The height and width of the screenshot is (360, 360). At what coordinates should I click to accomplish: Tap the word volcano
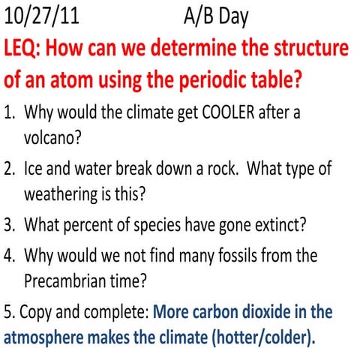click(53, 139)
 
